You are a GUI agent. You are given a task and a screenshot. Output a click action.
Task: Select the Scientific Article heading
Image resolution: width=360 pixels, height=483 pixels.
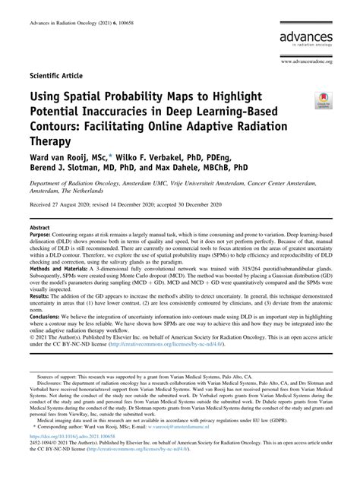[58, 77]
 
